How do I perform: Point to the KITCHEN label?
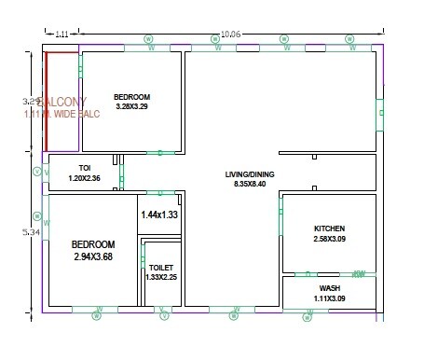[329, 228]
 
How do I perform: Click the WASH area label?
[329, 288]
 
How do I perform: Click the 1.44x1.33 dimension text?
[158, 215]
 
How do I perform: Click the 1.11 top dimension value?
[62, 35]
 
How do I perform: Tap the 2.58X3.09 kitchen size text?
[329, 240]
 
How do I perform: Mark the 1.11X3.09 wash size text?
[329, 298]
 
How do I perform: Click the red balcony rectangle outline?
[45, 103]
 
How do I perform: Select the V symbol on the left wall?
[36, 172]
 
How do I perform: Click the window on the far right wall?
[379, 114]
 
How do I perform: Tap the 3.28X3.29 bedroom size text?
[131, 107]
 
